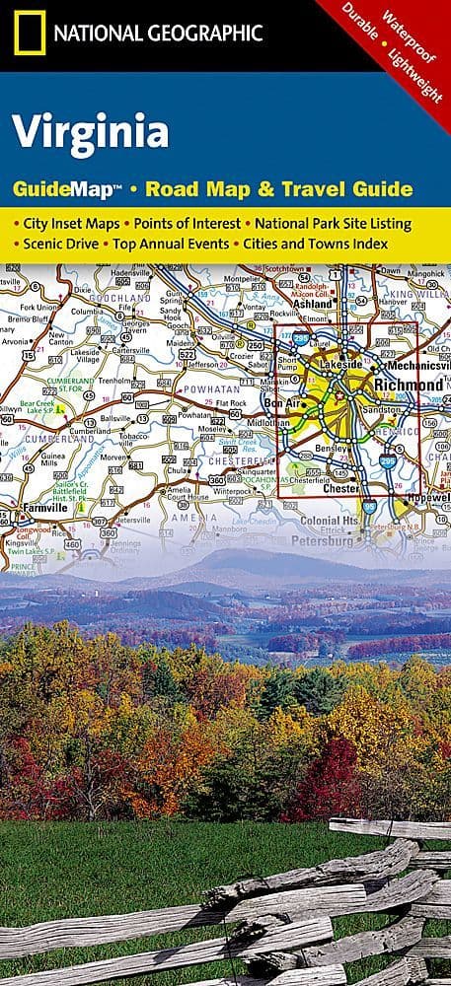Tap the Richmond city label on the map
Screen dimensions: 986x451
click(x=407, y=383)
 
